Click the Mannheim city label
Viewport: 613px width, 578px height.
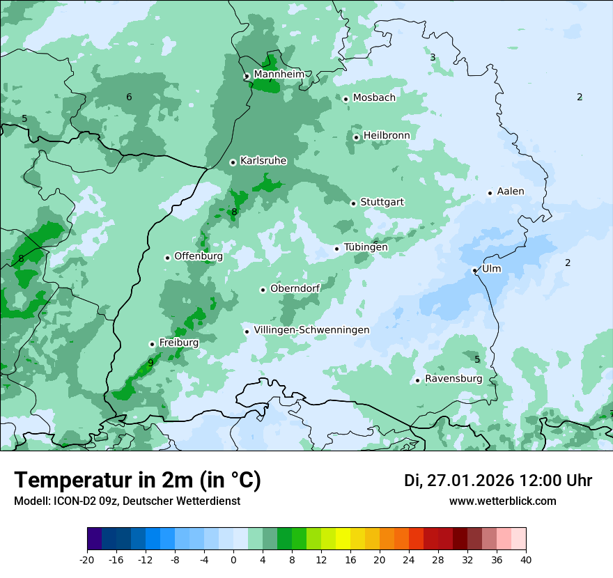pyautogui.click(x=279, y=74)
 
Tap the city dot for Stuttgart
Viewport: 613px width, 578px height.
pyautogui.click(x=354, y=203)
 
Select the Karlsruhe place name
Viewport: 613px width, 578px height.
pyautogui.click(x=263, y=161)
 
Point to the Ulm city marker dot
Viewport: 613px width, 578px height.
pyautogui.click(x=475, y=270)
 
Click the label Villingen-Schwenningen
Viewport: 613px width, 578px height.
pyautogui.click(x=311, y=330)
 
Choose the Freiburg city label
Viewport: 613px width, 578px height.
pyautogui.click(x=178, y=343)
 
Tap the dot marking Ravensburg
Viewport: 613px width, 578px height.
pyautogui.click(x=417, y=380)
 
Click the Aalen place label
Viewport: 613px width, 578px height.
pyautogui.click(x=511, y=192)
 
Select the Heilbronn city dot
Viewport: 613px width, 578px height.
pyautogui.click(x=357, y=137)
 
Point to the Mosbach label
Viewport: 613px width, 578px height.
pyautogui.click(x=374, y=97)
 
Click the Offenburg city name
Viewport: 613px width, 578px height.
pyautogui.click(x=199, y=256)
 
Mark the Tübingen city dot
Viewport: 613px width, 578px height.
pyautogui.click(x=337, y=249)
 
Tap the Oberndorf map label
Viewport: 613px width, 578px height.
pyautogui.click(x=295, y=288)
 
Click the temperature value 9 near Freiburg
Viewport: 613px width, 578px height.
pyautogui.click(x=150, y=363)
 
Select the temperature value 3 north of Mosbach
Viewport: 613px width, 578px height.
pyautogui.click(x=433, y=58)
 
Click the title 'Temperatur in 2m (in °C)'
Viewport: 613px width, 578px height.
pyautogui.click(x=138, y=481)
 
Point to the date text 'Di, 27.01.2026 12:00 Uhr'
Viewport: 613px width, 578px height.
pyautogui.click(x=498, y=481)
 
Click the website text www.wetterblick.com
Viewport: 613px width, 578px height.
pyautogui.click(x=503, y=501)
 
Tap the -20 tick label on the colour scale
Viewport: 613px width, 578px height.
pyautogui.click(x=87, y=560)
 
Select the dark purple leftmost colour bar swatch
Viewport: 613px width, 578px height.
pyautogui.click(x=95, y=539)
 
